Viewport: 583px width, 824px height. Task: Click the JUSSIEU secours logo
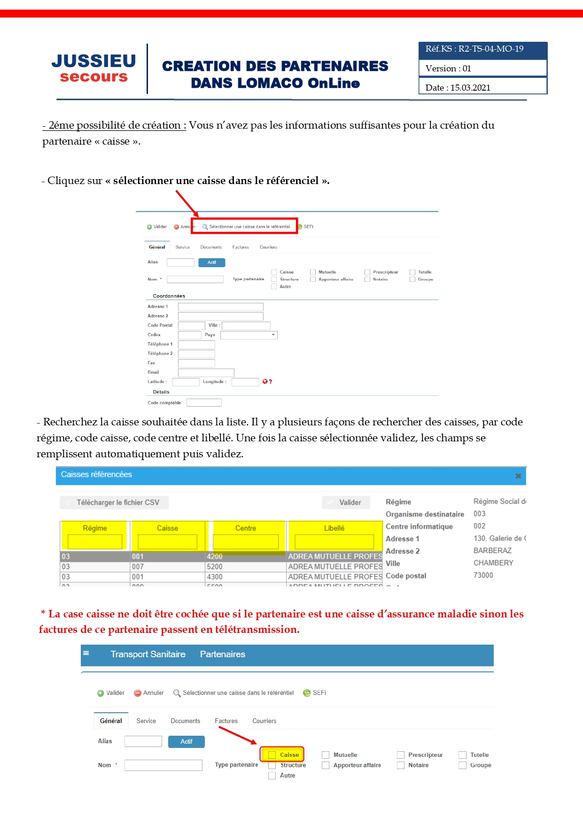[94, 69]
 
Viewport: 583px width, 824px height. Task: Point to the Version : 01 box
[482, 68]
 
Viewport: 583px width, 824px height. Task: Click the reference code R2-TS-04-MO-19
[491, 49]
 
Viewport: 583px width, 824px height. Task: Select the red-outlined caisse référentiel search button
[245, 226]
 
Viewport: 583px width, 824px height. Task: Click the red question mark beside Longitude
[271, 382]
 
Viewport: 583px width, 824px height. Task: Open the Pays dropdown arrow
[273, 335]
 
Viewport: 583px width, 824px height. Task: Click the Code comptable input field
[204, 402]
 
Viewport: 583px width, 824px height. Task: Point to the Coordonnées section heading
[169, 296]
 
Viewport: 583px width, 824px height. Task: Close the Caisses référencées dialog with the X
[518, 476]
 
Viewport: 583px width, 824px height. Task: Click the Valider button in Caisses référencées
[346, 502]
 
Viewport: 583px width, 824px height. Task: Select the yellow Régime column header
[94, 528]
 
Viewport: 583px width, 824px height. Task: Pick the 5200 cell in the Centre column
[215, 567]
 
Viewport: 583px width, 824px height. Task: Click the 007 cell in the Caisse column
[138, 567]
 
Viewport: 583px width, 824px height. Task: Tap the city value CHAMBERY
[493, 563]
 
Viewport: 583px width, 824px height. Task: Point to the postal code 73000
[483, 575]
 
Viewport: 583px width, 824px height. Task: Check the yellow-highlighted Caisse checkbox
[272, 755]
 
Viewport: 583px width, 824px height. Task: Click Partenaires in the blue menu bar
[222, 655]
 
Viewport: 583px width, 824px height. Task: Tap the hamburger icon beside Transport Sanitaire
[86, 653]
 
